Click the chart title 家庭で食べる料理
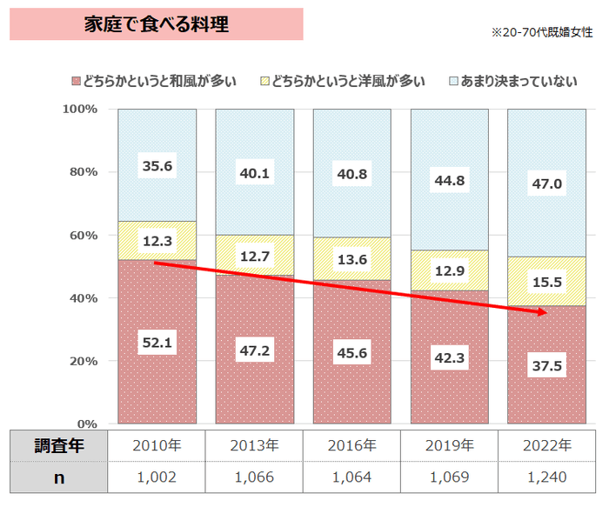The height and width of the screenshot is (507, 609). click(157, 24)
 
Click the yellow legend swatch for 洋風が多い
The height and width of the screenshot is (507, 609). click(264, 82)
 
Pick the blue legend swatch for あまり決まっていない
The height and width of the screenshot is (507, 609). click(452, 82)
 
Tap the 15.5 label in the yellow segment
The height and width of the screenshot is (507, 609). click(547, 282)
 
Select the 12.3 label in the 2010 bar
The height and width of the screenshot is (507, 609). click(157, 240)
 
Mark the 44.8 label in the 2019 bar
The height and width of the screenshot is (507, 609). click(450, 181)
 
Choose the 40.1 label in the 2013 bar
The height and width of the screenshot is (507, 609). click(255, 174)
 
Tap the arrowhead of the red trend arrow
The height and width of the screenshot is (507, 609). click(543, 312)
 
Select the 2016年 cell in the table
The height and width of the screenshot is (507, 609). click(352, 446)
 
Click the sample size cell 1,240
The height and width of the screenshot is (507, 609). click(547, 477)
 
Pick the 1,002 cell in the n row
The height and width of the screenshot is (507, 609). click(157, 477)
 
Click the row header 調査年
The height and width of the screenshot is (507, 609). click(59, 446)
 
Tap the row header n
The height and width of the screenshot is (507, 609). click(59, 477)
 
